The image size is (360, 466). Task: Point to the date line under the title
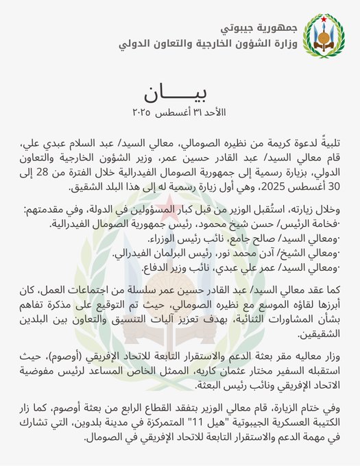click(x=175, y=111)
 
